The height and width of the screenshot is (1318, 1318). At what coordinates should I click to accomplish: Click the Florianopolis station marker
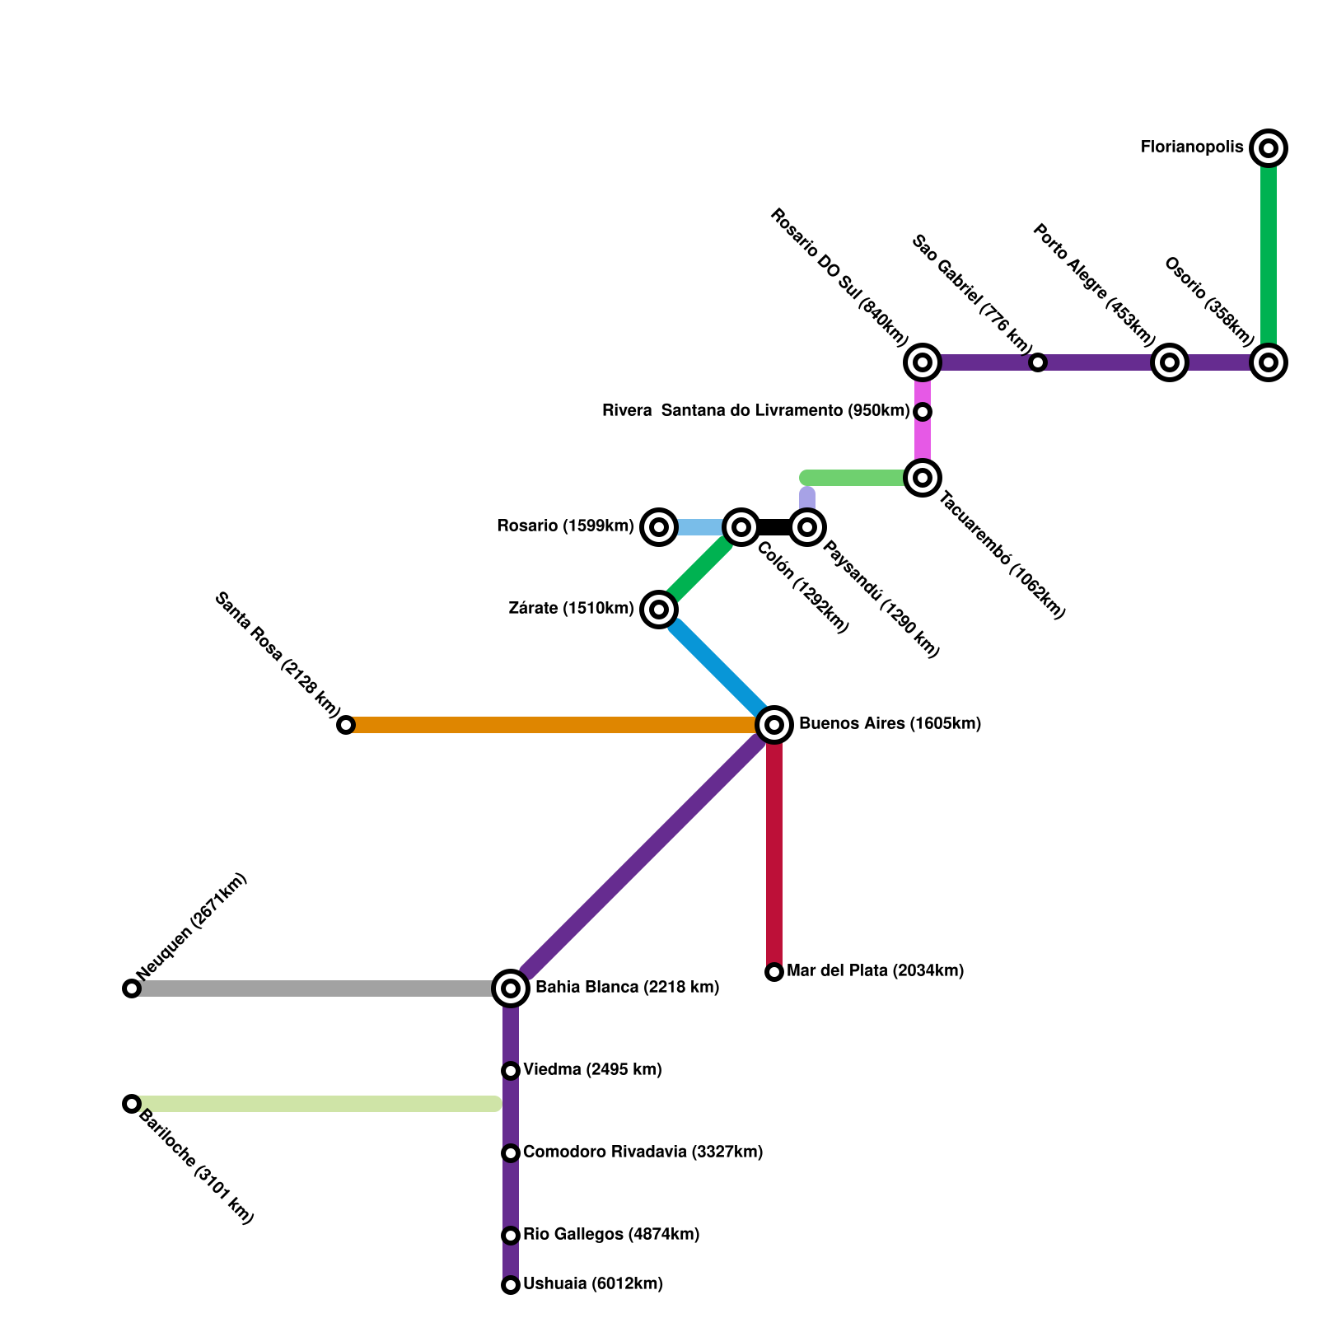point(1269,148)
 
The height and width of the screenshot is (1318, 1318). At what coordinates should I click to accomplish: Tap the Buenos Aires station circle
point(774,725)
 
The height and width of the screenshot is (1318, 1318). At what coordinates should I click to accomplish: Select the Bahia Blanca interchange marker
point(511,988)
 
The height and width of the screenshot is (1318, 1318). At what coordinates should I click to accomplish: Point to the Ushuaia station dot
point(511,1284)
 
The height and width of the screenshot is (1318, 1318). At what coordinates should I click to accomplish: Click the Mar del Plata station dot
point(774,972)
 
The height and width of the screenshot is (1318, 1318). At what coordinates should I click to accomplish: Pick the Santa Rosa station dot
point(346,725)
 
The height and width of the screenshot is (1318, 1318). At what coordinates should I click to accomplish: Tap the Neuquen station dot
point(132,988)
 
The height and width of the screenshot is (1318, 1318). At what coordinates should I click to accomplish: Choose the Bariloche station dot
point(132,1103)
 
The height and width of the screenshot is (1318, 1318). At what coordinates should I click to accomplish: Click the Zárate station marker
point(659,610)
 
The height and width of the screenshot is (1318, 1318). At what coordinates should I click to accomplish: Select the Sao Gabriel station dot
point(1038,362)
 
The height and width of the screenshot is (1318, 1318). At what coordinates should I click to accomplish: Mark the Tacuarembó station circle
point(923,478)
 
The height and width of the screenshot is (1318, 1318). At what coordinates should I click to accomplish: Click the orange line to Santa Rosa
point(552,725)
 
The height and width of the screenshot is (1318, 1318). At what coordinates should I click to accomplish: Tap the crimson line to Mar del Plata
point(774,848)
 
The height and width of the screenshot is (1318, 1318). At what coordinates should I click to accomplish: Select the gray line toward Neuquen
point(313,988)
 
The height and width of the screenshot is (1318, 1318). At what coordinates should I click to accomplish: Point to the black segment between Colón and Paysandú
point(774,527)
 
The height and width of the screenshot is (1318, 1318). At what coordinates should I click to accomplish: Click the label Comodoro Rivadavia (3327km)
point(643,1152)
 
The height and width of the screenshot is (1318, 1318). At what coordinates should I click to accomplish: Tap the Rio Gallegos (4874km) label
point(611,1234)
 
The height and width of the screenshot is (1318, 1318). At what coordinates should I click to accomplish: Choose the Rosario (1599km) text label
point(565,526)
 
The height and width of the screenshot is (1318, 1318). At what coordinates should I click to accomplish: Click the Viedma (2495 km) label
point(592,1069)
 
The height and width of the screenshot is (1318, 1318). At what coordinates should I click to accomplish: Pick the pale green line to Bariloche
point(313,1104)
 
